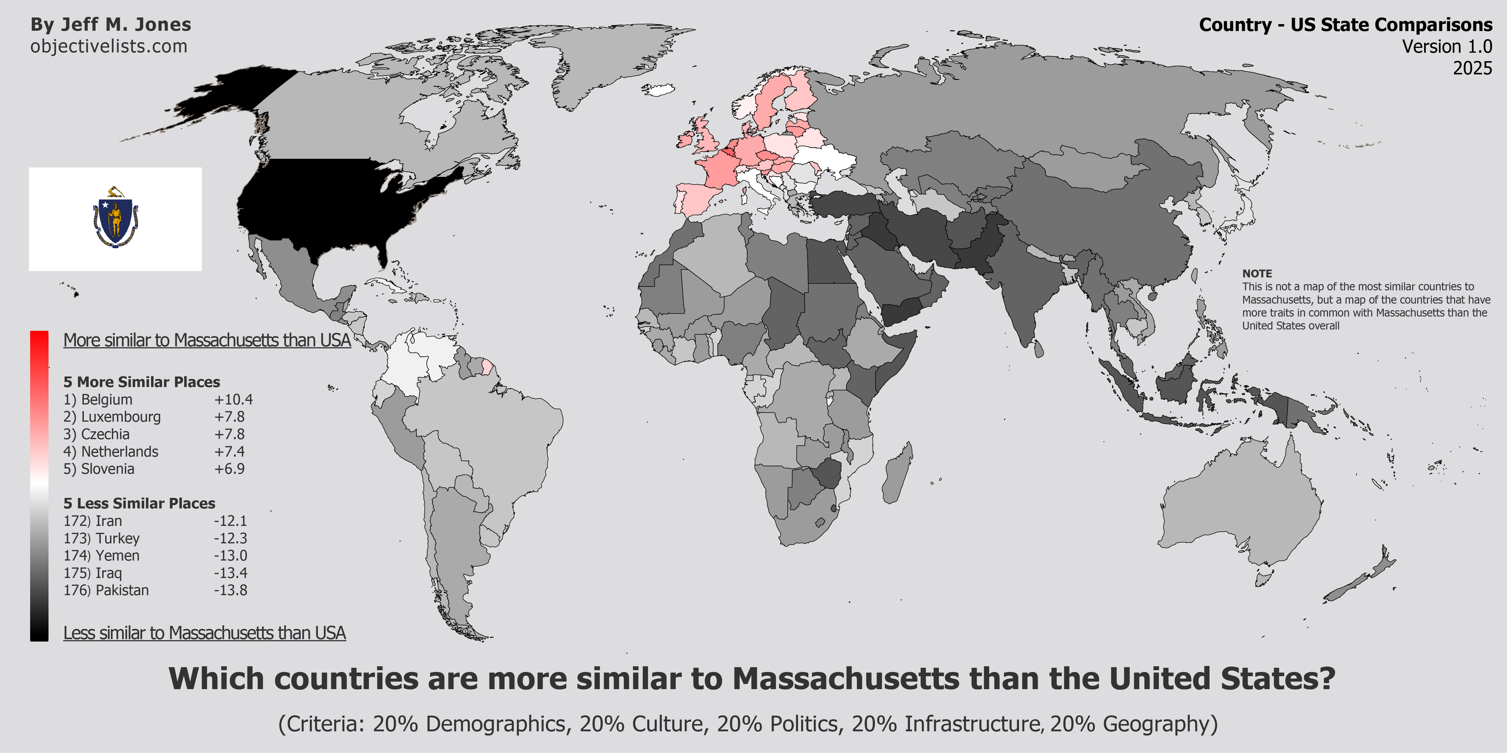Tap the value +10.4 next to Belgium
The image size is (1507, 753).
(233, 400)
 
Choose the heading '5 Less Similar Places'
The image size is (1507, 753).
(139, 503)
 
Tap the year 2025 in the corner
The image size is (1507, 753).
(1472, 68)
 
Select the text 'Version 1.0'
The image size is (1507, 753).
(1447, 47)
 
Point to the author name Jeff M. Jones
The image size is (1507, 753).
(126, 25)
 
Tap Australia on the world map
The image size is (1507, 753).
(1240, 509)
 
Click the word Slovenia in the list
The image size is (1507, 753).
(108, 469)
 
